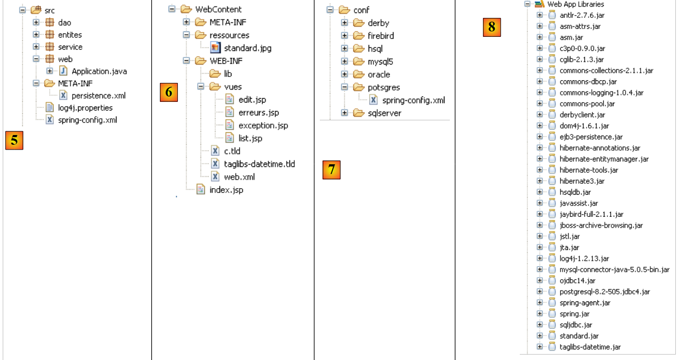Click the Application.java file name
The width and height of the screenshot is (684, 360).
[99, 71]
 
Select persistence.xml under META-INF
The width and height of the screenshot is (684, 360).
[98, 95]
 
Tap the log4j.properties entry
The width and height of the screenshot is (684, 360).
[85, 107]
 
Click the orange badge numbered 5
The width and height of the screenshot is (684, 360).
[14, 140]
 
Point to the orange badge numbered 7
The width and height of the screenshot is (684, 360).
[331, 170]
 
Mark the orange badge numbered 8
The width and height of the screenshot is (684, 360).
[492, 27]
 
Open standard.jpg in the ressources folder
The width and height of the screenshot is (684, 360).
[248, 48]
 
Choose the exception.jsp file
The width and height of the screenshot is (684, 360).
[263, 125]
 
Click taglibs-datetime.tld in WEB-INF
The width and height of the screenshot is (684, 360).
[259, 164]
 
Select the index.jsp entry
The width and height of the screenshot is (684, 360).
[226, 190]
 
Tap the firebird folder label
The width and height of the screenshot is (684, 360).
[380, 36]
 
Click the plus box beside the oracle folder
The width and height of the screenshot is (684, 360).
[345, 74]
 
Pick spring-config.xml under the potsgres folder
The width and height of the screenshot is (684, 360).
[413, 100]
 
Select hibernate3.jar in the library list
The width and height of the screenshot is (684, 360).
[582, 181]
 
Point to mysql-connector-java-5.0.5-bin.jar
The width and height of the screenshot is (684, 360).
[614, 269]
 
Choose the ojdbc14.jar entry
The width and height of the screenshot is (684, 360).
[577, 280]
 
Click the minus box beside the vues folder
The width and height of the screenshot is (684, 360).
[201, 87]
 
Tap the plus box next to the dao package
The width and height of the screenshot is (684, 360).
[36, 23]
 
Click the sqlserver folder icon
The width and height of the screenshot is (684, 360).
[359, 113]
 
